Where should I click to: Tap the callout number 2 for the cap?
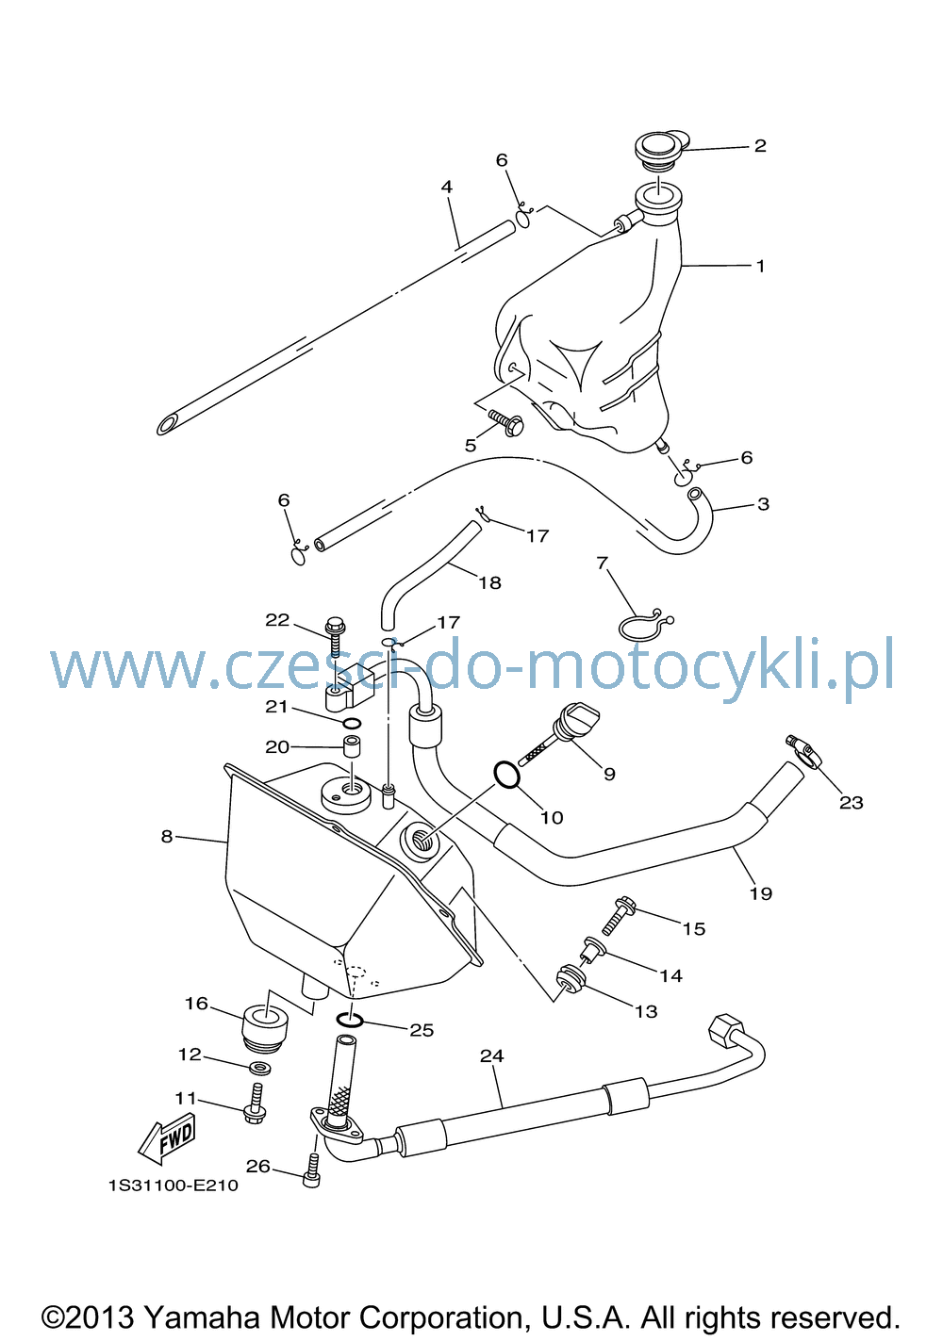coord(760,145)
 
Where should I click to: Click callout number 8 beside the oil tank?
coord(167,836)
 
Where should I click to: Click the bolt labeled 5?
coord(506,422)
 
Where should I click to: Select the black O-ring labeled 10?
coord(506,776)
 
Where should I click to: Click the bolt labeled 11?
coord(256,1103)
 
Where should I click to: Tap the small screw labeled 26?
coord(311,1169)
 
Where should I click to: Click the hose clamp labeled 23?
coord(803,751)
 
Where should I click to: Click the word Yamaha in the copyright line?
coord(203,1316)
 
